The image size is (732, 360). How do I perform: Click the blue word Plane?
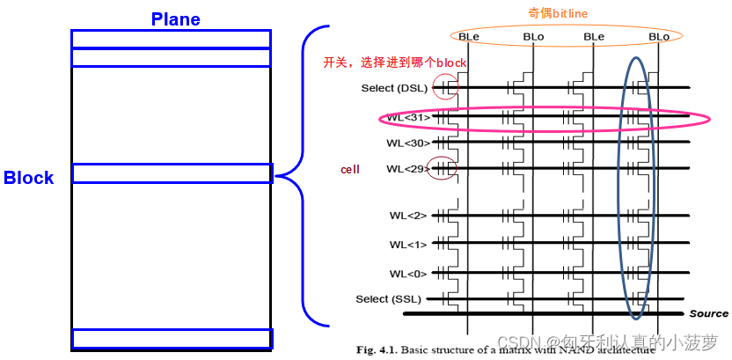click(175, 18)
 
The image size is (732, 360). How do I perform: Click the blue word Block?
click(28, 178)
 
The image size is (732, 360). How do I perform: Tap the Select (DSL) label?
click(393, 88)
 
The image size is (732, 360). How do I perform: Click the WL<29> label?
click(407, 168)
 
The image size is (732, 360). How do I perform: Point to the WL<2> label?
click(407, 216)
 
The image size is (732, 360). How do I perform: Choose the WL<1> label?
click(407, 244)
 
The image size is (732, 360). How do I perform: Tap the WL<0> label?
click(407, 273)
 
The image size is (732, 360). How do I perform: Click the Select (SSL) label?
click(389, 299)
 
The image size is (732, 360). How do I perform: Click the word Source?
click(708, 313)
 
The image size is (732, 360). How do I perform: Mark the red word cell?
click(350, 168)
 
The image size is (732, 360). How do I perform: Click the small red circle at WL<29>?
click(442, 167)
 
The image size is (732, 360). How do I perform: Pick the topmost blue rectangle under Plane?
click(171, 39)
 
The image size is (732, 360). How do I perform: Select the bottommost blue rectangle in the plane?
click(172, 339)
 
